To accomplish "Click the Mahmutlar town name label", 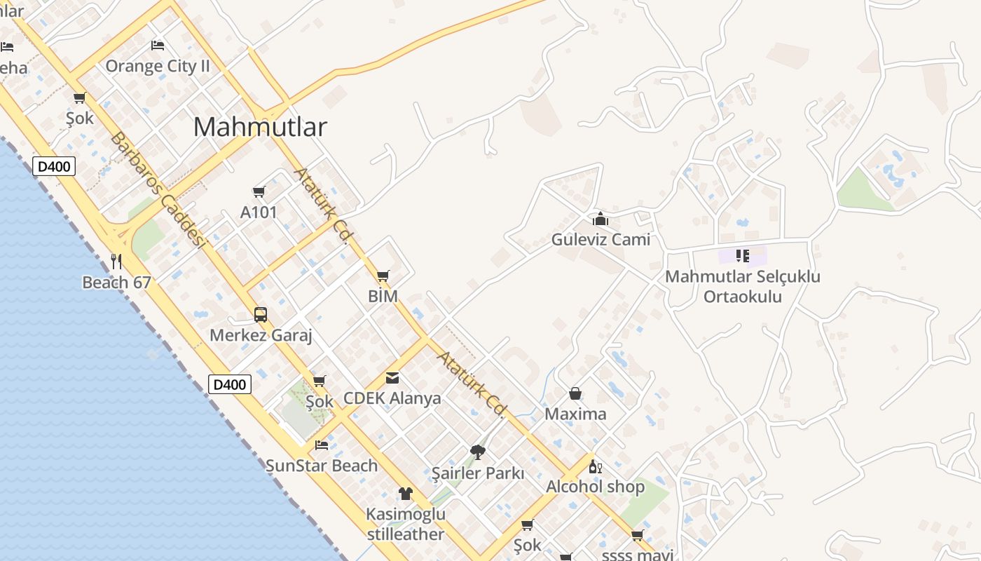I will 260,127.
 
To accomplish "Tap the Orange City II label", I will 158,67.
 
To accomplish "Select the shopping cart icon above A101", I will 259,191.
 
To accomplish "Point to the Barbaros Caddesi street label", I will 158,189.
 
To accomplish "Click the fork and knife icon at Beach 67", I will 116,262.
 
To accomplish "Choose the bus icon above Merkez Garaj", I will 260,314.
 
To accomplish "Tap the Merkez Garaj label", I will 261,335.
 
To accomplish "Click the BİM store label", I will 383,297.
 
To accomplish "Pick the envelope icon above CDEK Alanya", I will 392,378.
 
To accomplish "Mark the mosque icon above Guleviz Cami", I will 600,219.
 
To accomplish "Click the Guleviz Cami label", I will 601,240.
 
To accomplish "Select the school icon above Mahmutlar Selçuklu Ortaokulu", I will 743,255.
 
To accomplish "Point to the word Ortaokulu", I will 743,297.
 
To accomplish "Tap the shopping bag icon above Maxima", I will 575,393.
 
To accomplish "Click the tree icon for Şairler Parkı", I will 478,452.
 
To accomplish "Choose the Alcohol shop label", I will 595,487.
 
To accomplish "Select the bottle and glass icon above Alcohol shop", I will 595,466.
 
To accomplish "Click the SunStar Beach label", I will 322,466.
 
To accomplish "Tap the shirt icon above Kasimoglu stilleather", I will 406,494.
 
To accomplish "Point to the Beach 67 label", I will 116,283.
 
